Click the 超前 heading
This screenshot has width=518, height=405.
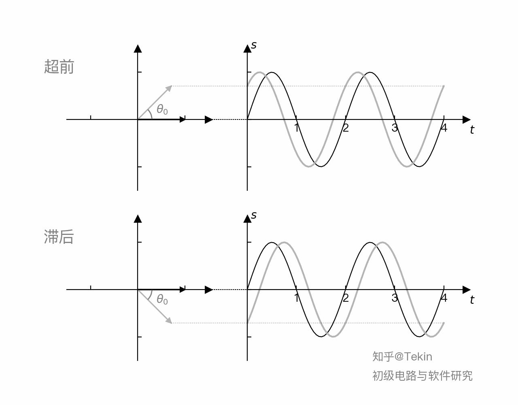click(x=59, y=66)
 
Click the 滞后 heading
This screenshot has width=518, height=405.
click(x=59, y=237)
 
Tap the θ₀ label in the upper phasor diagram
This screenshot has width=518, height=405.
click(x=162, y=109)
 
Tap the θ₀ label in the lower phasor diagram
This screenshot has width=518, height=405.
click(x=162, y=299)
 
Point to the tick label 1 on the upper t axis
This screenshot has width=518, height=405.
click(x=297, y=128)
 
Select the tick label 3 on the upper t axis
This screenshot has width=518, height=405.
click(x=395, y=128)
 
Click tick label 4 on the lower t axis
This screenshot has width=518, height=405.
click(x=444, y=298)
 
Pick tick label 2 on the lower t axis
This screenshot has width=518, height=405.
click(x=346, y=298)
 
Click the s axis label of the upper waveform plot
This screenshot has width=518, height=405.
click(x=254, y=45)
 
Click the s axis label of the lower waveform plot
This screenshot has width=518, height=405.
click(x=254, y=215)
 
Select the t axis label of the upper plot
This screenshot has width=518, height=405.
click(x=472, y=130)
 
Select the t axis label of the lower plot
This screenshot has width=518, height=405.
click(x=472, y=300)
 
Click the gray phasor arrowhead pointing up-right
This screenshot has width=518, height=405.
click(x=170, y=88)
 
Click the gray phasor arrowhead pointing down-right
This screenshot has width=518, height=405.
click(x=170, y=321)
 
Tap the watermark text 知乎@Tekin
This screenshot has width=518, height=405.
click(x=402, y=356)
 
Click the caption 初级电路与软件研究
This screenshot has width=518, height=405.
click(x=422, y=376)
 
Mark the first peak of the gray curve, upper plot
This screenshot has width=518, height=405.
click(x=259, y=72)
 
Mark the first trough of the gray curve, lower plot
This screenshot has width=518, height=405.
click(x=333, y=337)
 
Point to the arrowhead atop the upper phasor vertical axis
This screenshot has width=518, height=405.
click(x=138, y=49)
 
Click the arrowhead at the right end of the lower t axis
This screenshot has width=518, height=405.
click(x=467, y=290)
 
